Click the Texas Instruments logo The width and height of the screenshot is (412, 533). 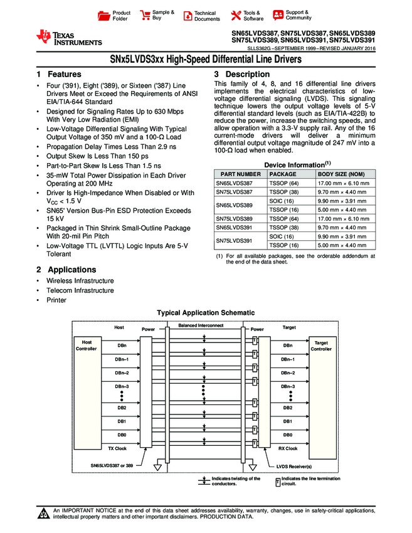point(68,38)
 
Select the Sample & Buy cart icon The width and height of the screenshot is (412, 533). point(145,15)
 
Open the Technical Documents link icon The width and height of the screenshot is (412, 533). point(187,15)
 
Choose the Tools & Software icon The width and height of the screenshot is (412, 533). point(236,15)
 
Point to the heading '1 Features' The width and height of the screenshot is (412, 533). point(59,75)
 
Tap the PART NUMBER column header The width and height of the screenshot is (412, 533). point(238,174)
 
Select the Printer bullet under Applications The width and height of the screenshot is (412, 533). point(56,300)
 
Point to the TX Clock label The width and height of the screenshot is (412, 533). point(117,448)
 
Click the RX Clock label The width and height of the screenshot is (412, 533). point(287,448)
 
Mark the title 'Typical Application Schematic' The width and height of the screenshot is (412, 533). point(205,312)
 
